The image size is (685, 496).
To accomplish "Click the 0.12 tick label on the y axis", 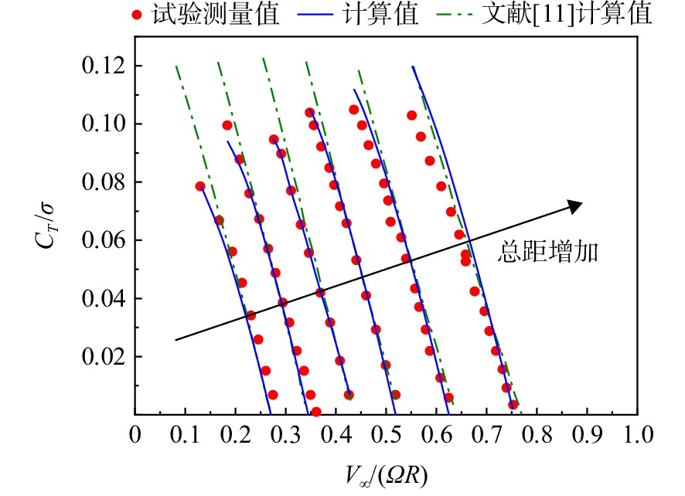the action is (103, 66).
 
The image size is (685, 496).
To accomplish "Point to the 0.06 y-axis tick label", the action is (103, 240).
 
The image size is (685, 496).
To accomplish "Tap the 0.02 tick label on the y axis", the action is (103, 357).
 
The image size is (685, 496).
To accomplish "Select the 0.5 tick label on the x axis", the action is (387, 435).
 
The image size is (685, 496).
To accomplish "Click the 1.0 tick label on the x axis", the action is (639, 435).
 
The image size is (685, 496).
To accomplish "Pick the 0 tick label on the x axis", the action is (135, 435).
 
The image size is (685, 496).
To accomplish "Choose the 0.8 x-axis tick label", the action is (537, 435).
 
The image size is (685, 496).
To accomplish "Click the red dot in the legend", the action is (137, 15).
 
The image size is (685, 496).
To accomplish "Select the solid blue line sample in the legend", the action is (315, 15).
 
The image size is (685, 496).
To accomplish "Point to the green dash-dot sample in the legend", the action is (455, 15).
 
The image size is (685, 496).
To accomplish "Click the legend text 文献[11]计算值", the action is (567, 14).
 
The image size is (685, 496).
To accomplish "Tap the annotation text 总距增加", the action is (548, 252).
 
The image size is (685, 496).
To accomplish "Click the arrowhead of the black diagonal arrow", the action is (577, 206).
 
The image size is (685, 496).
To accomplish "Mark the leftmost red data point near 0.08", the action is (200, 186).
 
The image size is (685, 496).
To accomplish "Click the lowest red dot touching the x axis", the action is (316, 412).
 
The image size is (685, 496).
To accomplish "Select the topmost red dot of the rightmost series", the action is (411, 115).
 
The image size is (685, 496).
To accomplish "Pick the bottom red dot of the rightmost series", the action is (513, 405).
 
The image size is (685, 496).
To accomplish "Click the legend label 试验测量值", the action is (216, 14).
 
